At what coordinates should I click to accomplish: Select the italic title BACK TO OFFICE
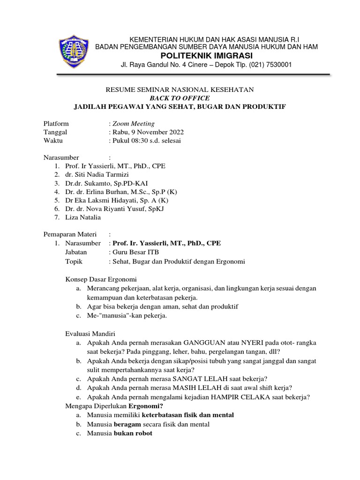(x=180, y=98)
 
